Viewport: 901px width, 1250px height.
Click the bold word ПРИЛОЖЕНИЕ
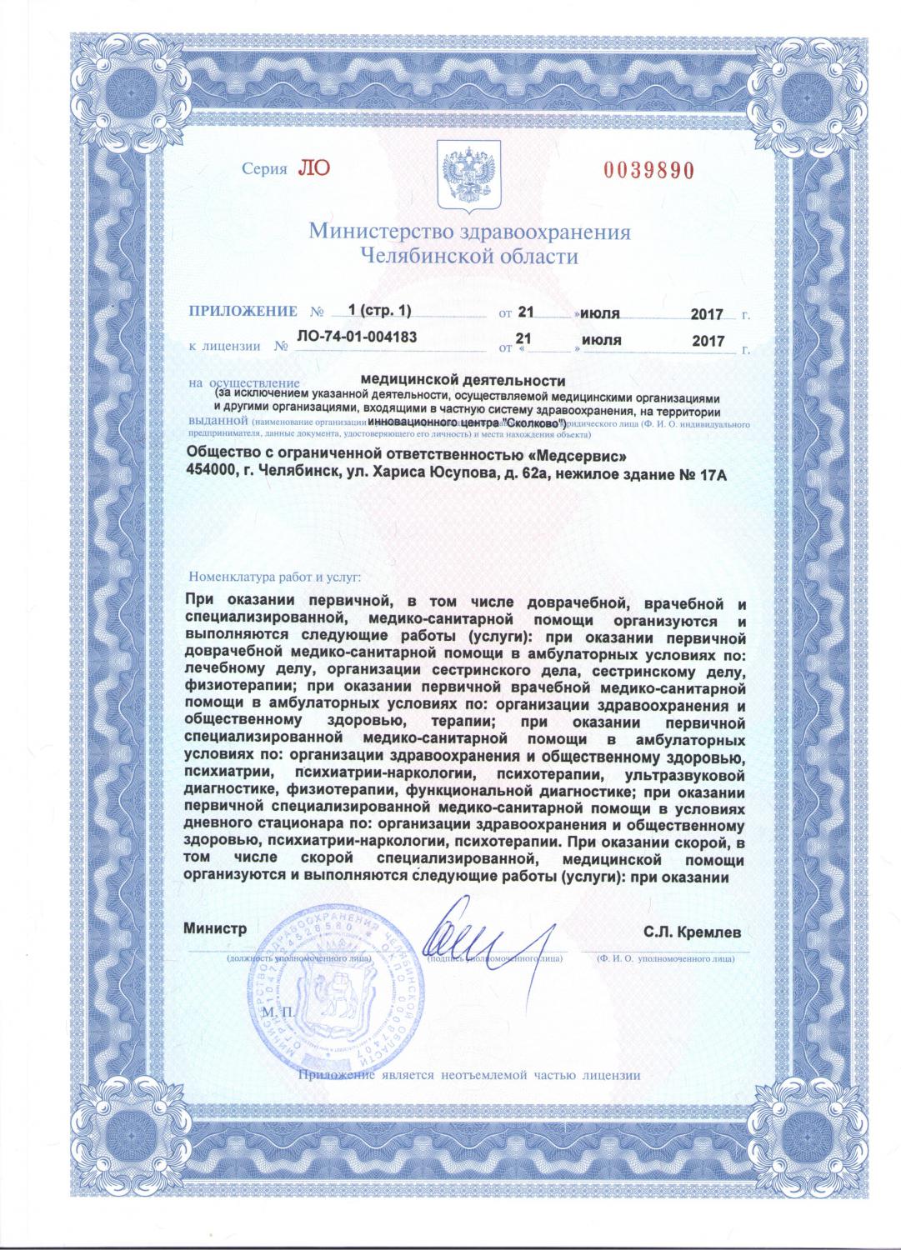point(243,312)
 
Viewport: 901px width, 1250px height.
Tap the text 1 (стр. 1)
point(380,310)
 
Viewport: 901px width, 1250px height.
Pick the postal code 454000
point(213,475)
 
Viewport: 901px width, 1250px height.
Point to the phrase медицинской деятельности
point(468,380)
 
